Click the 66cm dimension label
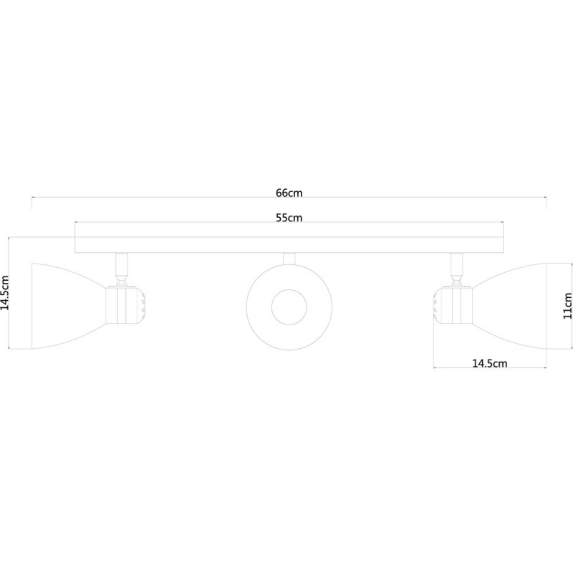coord(289,193)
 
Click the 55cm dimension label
coord(289,218)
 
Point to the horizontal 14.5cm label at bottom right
coord(490,363)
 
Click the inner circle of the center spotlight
coord(289,307)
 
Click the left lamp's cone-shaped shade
coord(69,306)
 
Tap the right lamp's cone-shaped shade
coord(509,306)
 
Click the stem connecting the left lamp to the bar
coord(122,265)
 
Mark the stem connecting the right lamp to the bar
coord(456,265)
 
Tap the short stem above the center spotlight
coord(289,259)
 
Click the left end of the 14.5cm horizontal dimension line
coord(434,367)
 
